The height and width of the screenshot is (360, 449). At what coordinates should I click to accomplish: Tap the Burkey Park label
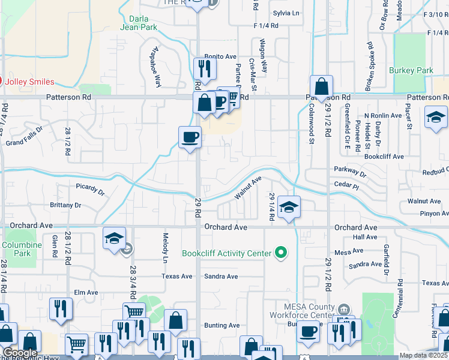pos(411,71)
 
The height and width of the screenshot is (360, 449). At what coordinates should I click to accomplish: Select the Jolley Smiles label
pos(29,82)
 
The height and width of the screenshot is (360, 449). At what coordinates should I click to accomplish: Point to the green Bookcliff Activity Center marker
pos(280,253)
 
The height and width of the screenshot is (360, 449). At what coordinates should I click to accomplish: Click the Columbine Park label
pos(21,249)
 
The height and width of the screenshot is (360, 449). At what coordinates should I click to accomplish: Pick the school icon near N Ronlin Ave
pos(436,118)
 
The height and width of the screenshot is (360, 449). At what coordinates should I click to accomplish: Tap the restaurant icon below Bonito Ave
pos(205,70)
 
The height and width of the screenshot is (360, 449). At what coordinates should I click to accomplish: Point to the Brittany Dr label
pos(67,205)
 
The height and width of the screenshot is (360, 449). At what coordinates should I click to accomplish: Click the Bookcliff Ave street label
pos(384,156)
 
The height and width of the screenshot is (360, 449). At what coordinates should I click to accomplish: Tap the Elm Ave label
pos(85,293)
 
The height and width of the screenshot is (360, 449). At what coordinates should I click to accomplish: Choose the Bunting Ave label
pos(222,325)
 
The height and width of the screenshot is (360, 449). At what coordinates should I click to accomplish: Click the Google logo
pos(20,353)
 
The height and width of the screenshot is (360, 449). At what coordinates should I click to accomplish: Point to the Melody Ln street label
pos(164,248)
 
